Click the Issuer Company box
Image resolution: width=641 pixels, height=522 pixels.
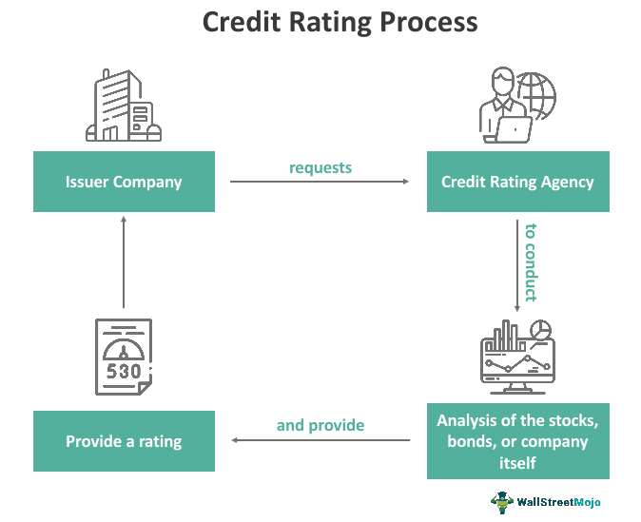click(x=124, y=182)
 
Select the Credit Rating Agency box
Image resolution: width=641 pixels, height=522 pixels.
click(x=517, y=182)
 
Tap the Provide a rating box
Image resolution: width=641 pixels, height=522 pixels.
click(x=124, y=441)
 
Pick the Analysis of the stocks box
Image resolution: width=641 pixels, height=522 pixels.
click(x=517, y=441)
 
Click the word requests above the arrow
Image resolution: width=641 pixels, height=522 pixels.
click(x=320, y=167)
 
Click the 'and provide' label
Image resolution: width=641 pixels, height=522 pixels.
click(x=320, y=425)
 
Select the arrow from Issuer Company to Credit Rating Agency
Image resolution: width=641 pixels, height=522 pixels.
click(x=320, y=182)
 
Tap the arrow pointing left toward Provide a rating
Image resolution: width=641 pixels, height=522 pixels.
click(x=320, y=440)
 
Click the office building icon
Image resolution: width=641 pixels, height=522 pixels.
click(x=123, y=109)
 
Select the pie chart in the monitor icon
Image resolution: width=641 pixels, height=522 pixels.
click(x=539, y=329)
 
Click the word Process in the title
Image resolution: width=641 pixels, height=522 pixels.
click(x=418, y=23)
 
